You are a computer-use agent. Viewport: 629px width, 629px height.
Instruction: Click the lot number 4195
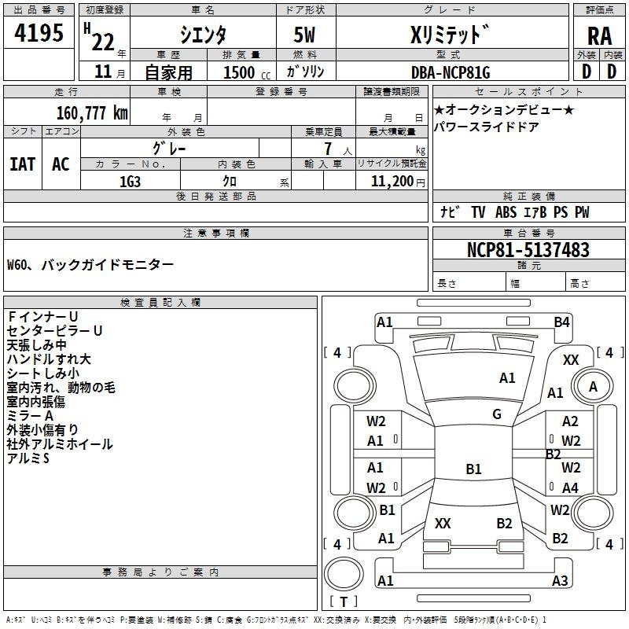(x=39, y=33)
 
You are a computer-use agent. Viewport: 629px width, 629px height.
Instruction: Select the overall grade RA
(x=599, y=36)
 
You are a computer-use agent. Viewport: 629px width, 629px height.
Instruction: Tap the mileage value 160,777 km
(x=92, y=112)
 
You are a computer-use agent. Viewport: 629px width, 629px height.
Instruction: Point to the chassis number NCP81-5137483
(x=528, y=249)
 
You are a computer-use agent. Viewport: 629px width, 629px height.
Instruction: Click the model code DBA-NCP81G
(x=451, y=72)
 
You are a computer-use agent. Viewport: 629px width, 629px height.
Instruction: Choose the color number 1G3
(x=130, y=182)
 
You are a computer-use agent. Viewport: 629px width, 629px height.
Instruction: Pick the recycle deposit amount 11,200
(x=392, y=182)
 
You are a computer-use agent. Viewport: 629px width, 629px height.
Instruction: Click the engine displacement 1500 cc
(x=247, y=72)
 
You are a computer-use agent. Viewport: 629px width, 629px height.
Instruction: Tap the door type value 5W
(x=304, y=35)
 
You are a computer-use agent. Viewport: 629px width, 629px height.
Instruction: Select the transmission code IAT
(x=23, y=164)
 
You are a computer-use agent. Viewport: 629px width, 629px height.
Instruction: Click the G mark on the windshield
(x=497, y=414)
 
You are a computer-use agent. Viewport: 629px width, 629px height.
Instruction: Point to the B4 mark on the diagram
(x=561, y=322)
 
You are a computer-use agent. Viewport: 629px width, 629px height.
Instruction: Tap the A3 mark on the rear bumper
(x=560, y=580)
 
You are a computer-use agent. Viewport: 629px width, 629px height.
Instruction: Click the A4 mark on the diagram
(x=570, y=487)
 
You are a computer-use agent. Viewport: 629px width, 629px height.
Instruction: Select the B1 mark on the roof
(x=473, y=469)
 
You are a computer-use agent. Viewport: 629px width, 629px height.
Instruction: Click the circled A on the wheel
(x=593, y=387)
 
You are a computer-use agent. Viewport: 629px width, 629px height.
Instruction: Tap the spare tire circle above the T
(x=344, y=574)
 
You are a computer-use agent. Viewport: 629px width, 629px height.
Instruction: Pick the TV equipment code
(x=478, y=212)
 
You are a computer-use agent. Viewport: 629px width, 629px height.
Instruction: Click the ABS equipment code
(x=506, y=212)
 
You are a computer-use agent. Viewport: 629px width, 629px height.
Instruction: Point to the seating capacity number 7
(x=328, y=149)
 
